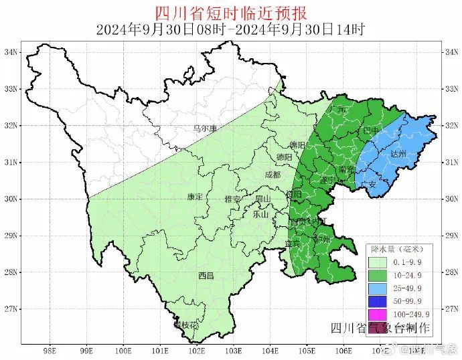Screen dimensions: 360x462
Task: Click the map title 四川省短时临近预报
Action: coord(230,13)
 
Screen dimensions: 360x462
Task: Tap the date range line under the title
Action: coord(230,29)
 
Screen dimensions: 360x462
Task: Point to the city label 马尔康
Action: coord(205,128)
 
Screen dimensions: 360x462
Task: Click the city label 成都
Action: coord(273,174)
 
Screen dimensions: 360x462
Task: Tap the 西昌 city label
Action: coord(206,276)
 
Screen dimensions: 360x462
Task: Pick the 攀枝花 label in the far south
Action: coord(186,325)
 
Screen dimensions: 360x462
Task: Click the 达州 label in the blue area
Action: coord(398,153)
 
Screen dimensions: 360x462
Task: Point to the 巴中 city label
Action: coord(371,131)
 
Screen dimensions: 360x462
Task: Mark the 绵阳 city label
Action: coord(297,145)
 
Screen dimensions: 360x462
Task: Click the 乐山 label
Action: coord(260,215)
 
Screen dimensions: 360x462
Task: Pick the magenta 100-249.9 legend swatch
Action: coord(378,314)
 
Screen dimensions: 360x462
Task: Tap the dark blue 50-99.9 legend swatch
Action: coord(378,301)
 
